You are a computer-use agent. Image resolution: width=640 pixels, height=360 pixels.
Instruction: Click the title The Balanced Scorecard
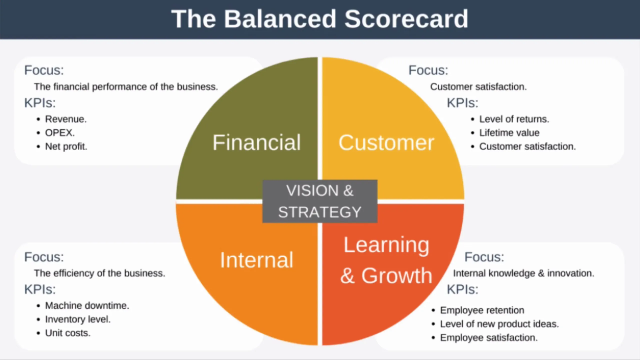(319, 19)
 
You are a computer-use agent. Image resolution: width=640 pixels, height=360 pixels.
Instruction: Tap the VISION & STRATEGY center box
(320, 202)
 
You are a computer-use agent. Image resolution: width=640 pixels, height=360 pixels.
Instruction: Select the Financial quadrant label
(257, 143)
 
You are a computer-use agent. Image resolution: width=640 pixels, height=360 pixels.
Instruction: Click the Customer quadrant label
(386, 143)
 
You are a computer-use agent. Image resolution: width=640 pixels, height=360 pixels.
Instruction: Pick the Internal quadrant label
(257, 261)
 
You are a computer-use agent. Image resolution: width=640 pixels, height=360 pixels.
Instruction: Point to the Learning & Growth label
(386, 260)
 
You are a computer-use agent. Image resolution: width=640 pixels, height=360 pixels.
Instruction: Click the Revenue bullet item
(68, 118)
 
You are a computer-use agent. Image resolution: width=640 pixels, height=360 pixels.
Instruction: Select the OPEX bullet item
(61, 132)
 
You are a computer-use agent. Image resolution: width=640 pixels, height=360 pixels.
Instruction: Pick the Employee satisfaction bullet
(508, 338)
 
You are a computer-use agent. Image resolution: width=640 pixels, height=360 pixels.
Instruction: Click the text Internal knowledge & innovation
(524, 273)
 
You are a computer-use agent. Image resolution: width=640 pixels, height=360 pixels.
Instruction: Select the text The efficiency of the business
(99, 273)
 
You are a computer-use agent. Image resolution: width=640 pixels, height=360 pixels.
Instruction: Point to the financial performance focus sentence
(125, 86)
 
